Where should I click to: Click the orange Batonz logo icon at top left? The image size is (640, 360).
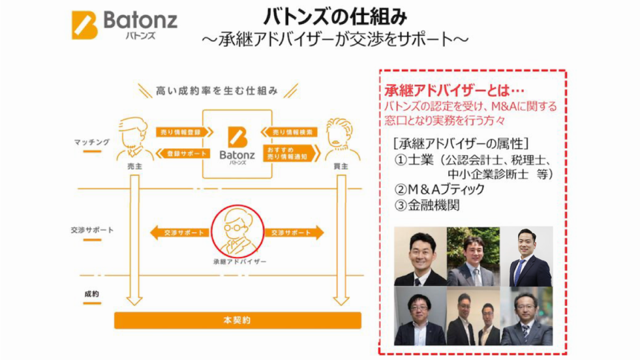tap(85, 24)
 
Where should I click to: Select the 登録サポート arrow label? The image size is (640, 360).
tap(182, 154)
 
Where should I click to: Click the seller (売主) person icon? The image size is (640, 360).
tap(135, 139)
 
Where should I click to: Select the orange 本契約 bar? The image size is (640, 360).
tap(237, 320)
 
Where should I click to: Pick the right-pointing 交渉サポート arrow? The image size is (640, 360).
tap(293, 233)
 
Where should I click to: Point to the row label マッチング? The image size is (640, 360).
tap(92, 142)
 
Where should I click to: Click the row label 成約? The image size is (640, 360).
tap(92, 294)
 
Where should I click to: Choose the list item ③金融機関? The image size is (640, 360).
tap(427, 205)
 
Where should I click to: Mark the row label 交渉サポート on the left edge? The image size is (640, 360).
tap(92, 230)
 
